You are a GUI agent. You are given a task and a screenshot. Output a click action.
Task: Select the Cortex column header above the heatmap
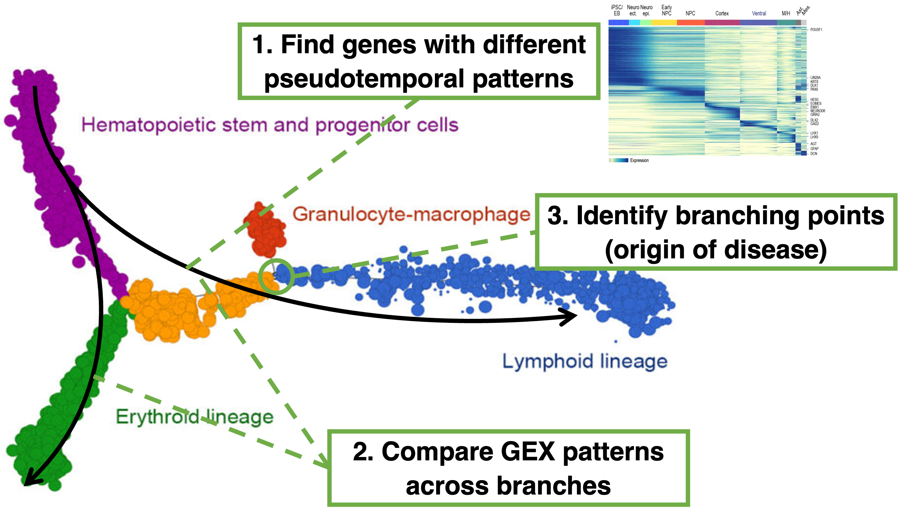click(722, 13)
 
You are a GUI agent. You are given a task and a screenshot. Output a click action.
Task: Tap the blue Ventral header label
click(759, 13)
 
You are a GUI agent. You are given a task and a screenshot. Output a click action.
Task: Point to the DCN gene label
click(814, 154)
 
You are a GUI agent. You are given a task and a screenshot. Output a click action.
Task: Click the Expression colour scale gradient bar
click(618, 160)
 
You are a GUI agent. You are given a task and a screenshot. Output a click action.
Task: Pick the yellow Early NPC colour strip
click(664, 23)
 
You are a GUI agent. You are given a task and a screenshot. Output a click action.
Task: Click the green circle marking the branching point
click(276, 277)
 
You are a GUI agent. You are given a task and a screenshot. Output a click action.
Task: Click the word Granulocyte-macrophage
click(411, 215)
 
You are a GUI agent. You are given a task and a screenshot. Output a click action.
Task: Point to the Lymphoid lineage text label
click(585, 361)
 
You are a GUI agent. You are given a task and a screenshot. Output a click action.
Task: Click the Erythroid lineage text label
click(194, 417)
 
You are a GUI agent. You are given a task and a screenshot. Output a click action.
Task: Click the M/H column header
click(786, 13)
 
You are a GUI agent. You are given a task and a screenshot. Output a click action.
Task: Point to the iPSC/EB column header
click(617, 10)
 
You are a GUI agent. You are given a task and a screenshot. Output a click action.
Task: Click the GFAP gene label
click(814, 149)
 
